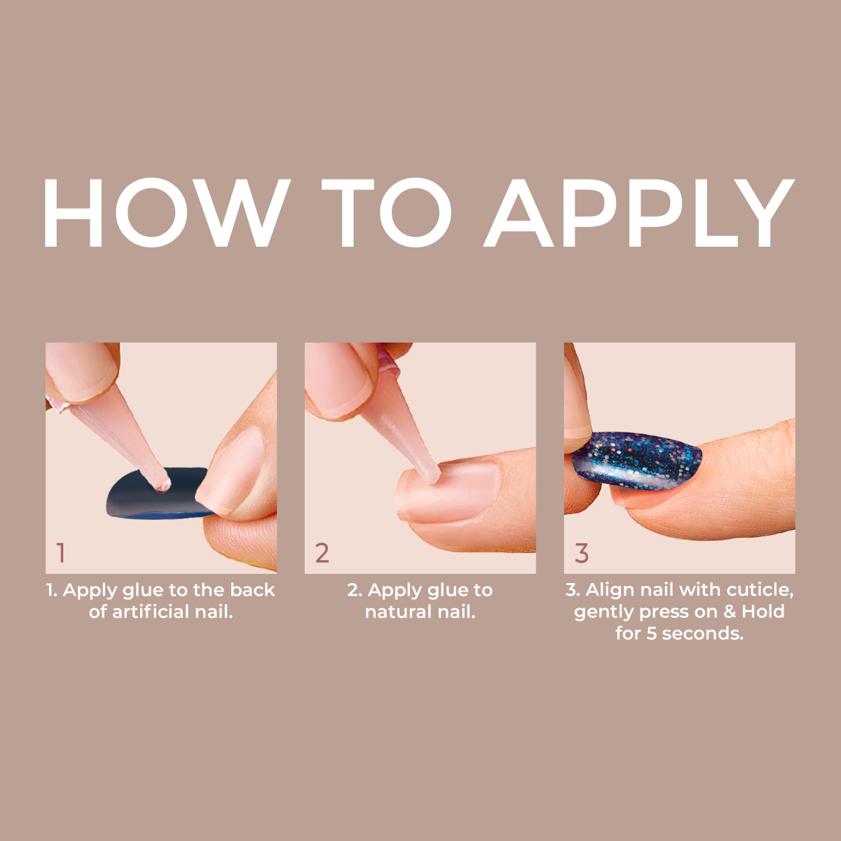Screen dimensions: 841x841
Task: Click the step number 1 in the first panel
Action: pyautogui.click(x=61, y=553)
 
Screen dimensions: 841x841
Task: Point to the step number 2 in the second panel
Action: pyautogui.click(x=322, y=553)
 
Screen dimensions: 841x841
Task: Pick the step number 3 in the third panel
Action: pyautogui.click(x=582, y=553)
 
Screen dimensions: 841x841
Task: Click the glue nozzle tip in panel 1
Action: pyautogui.click(x=162, y=484)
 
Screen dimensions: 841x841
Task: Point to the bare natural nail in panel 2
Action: pyautogui.click(x=456, y=491)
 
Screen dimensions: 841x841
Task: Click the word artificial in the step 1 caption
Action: pyautogui.click(x=151, y=612)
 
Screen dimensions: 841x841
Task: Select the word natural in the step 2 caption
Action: pyautogui.click(x=397, y=612)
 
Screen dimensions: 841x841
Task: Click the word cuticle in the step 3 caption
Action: pyautogui.click(x=760, y=590)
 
